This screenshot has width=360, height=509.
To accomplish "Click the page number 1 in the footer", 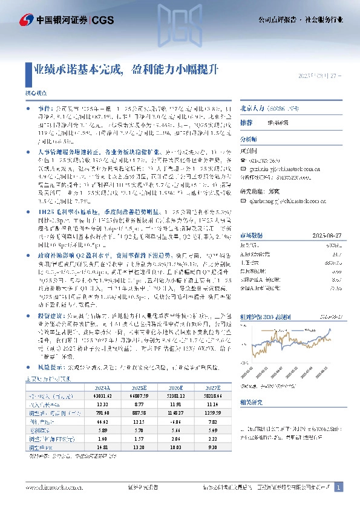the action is (x=339, y=487).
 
